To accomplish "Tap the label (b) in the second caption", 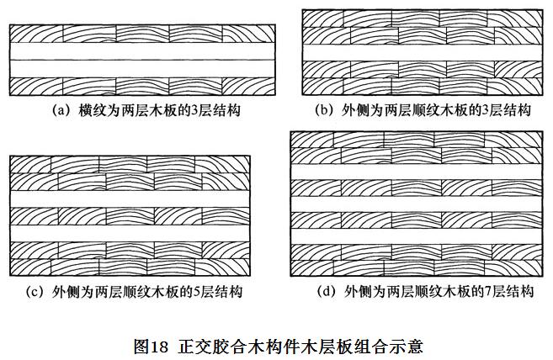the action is pos(323,110).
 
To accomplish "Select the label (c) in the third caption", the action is pos(35,292).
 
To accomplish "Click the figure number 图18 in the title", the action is pos(151,347).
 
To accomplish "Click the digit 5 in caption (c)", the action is pos(196,293).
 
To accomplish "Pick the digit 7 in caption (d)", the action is pos(488,293).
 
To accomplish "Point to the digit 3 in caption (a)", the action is pos(194,111).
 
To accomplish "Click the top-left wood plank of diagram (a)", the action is pos(36,34).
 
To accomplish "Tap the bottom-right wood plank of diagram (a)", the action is pos(248,87).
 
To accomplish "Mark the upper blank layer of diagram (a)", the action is pos(142,51).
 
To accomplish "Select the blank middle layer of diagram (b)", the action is pos(423,52).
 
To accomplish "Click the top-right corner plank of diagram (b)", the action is pos(515,19).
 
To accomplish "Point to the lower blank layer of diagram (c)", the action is pos(130,234).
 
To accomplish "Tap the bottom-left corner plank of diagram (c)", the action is pos(30,267).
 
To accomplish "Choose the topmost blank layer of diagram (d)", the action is pos(417,172).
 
